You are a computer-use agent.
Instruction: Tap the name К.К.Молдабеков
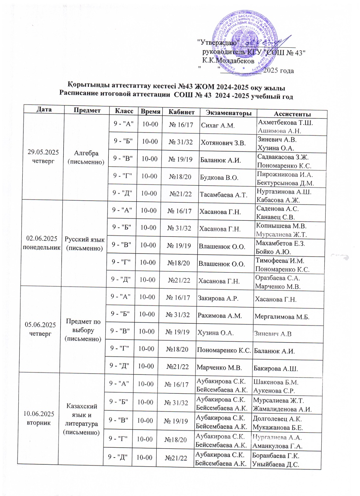pyautogui.click(x=228, y=61)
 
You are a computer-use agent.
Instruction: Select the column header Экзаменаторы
pyautogui.click(x=228, y=113)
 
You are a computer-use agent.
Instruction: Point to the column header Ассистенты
pyautogui.click(x=292, y=114)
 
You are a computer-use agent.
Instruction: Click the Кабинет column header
pyautogui.click(x=182, y=112)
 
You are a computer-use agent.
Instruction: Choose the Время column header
pyautogui.click(x=150, y=112)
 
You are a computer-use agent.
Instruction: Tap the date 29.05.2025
pyautogui.click(x=43, y=152)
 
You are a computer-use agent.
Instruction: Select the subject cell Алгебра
pyautogui.click(x=86, y=153)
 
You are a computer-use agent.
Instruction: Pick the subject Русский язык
pyautogui.click(x=85, y=239)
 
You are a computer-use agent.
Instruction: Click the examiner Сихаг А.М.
pyautogui.click(x=218, y=126)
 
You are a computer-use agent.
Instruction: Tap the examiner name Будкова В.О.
pyautogui.click(x=219, y=178)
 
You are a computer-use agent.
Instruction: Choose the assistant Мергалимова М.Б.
pyautogui.click(x=282, y=317)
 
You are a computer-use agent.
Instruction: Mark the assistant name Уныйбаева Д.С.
pyautogui.click(x=275, y=464)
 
